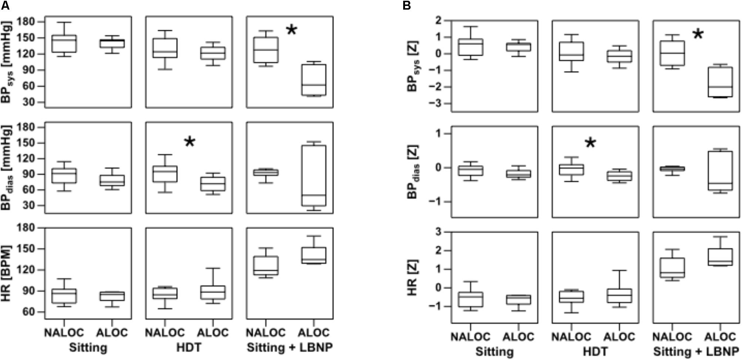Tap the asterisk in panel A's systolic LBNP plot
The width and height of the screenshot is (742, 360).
pos(291,30)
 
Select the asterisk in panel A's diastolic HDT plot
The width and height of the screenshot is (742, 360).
pos(189,142)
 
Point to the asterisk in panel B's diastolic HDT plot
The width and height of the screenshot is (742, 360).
pos(590,143)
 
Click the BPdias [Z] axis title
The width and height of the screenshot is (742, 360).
pos(413,172)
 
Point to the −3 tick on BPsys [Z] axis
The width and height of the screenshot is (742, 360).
pos(436,104)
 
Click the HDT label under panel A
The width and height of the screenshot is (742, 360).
pos(189,347)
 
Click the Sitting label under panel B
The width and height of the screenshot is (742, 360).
pos(495,351)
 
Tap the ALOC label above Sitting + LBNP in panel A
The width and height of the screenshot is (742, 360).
pos(314,333)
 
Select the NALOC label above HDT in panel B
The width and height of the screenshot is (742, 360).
pos(571,336)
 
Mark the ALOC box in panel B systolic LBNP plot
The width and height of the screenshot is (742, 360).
pos(720,82)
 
